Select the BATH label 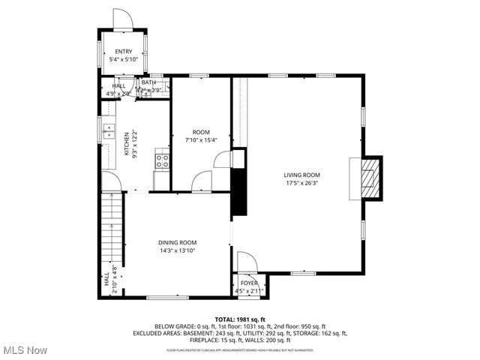point(148,82)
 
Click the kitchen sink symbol point(107,131)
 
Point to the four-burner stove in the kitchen point(161,159)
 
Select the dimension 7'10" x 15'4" point(200,139)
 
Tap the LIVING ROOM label point(301,175)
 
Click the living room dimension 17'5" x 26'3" point(301,184)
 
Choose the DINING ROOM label point(177,242)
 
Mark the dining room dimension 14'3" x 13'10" point(177,250)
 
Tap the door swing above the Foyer point(247,261)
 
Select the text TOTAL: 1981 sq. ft point(240,319)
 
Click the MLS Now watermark point(25,350)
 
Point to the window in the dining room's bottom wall point(167,298)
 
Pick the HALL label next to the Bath point(119,85)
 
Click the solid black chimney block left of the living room point(239,193)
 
